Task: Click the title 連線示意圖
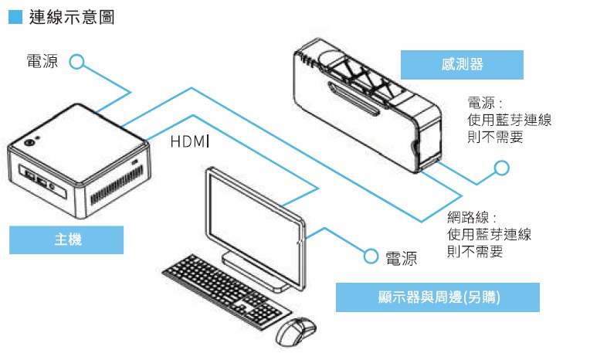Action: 72,16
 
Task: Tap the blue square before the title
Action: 15,16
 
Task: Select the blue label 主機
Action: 66,239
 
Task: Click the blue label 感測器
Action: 462,64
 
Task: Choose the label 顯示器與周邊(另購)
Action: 437,297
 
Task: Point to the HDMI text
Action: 190,142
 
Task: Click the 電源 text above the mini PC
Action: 40,62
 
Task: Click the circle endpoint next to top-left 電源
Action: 76,62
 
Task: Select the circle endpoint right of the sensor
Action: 502,168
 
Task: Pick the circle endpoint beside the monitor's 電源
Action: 371,255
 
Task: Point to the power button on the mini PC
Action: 30,142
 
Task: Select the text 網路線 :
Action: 472,218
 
